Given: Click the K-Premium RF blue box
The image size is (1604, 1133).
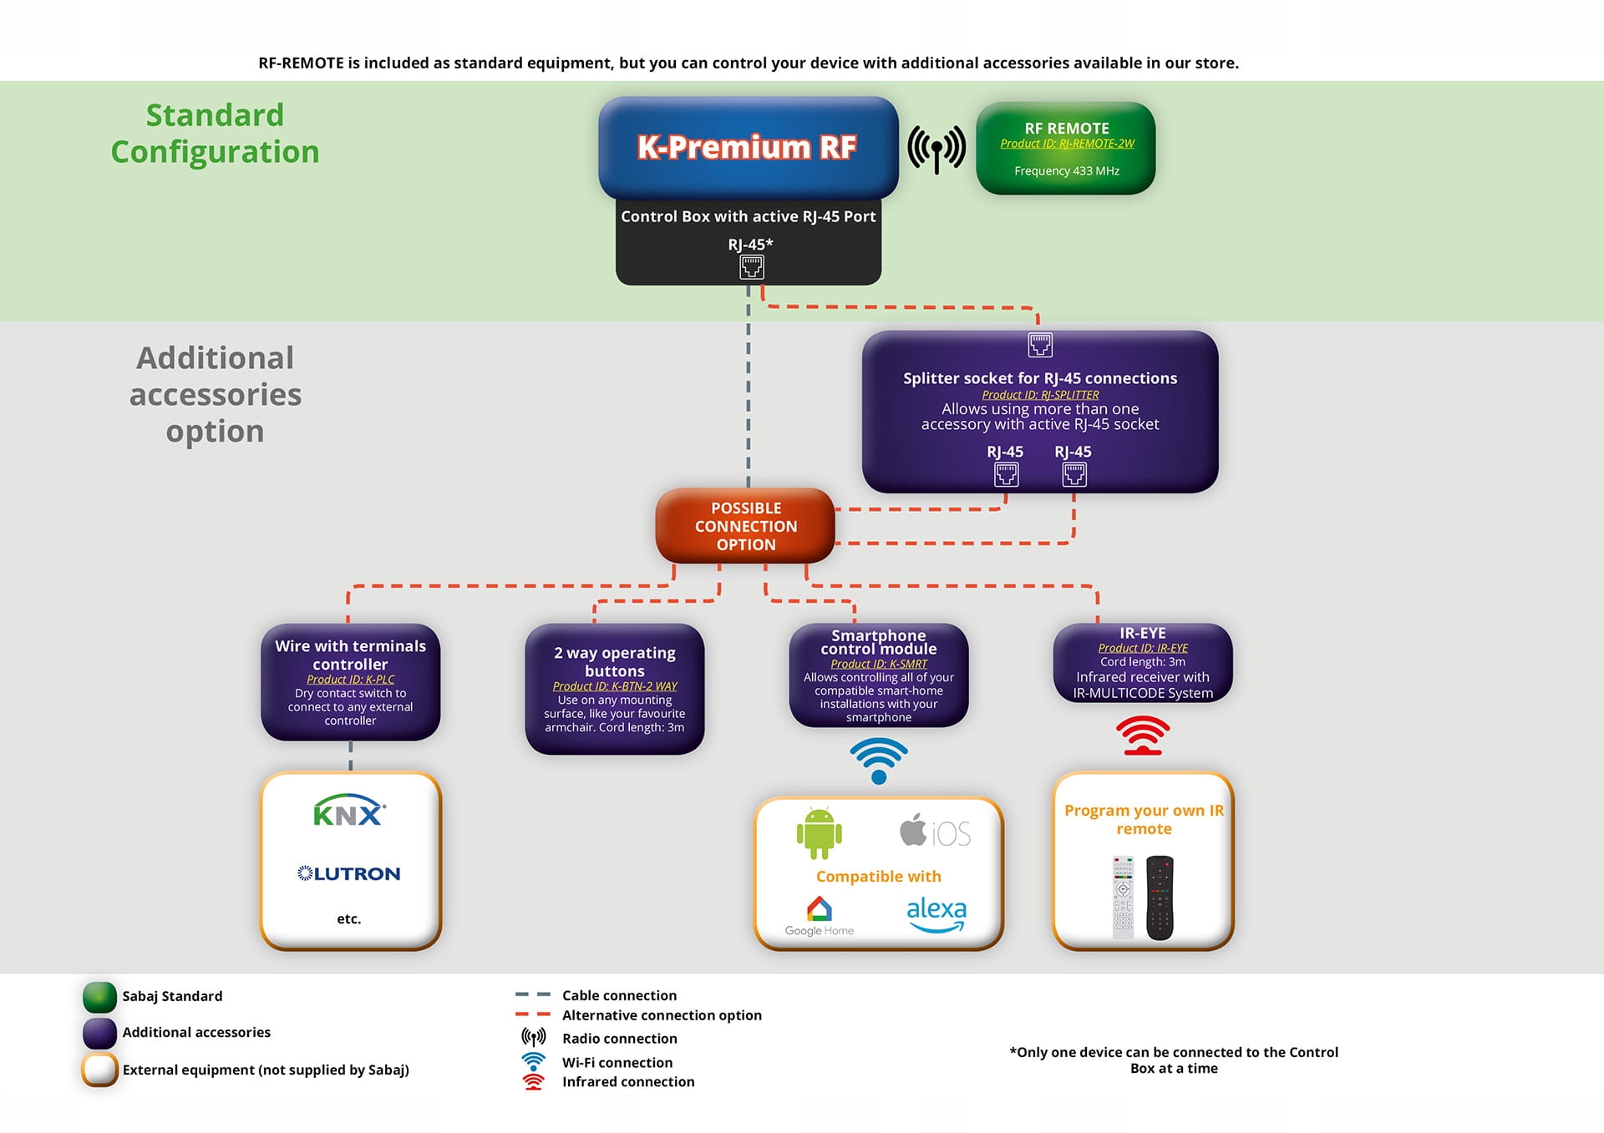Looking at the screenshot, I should [x=748, y=147].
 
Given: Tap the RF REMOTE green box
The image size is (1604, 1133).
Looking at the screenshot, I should [x=1066, y=149].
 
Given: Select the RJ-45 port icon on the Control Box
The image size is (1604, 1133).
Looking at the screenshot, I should [x=751, y=267].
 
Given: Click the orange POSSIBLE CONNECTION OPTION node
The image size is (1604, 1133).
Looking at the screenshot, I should [x=745, y=526].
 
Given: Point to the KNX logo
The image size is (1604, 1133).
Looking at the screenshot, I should [x=349, y=811].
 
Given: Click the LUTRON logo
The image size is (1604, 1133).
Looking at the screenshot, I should [x=349, y=873].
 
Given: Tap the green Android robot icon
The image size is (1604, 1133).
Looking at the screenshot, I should [x=819, y=832].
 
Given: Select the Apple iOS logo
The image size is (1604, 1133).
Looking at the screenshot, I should [x=935, y=832].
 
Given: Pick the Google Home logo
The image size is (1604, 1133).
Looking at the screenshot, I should [x=819, y=916].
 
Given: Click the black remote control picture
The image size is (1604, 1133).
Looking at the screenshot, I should [x=1160, y=898].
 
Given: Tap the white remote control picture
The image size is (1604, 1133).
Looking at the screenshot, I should [x=1123, y=898].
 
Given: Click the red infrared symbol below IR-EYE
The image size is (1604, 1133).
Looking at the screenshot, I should [x=1143, y=736].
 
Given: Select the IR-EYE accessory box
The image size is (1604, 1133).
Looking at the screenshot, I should [x=1142, y=663].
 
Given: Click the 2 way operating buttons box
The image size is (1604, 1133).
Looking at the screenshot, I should [x=615, y=689].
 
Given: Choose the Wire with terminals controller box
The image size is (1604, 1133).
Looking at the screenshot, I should [x=350, y=682].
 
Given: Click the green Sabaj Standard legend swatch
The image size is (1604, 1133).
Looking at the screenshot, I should [x=99, y=997].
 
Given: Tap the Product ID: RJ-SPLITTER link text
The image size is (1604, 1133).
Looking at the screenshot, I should [x=1040, y=395].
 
